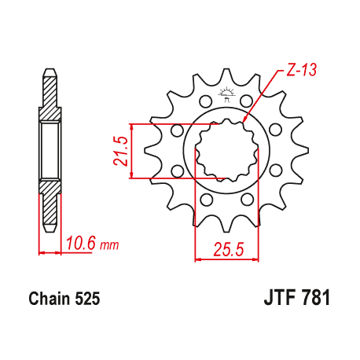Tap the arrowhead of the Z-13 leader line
246,119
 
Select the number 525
86,299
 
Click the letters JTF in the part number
277,299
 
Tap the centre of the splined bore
222,150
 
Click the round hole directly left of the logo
205,101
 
